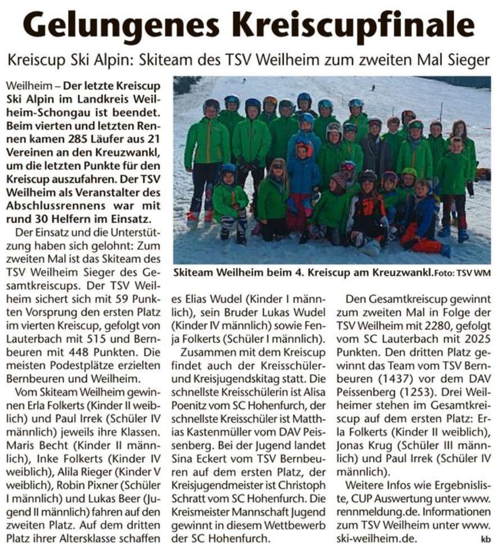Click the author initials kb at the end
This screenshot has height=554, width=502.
pyautogui.click(x=486, y=539)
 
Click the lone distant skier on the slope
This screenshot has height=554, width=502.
pyautogui.click(x=373, y=88)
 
